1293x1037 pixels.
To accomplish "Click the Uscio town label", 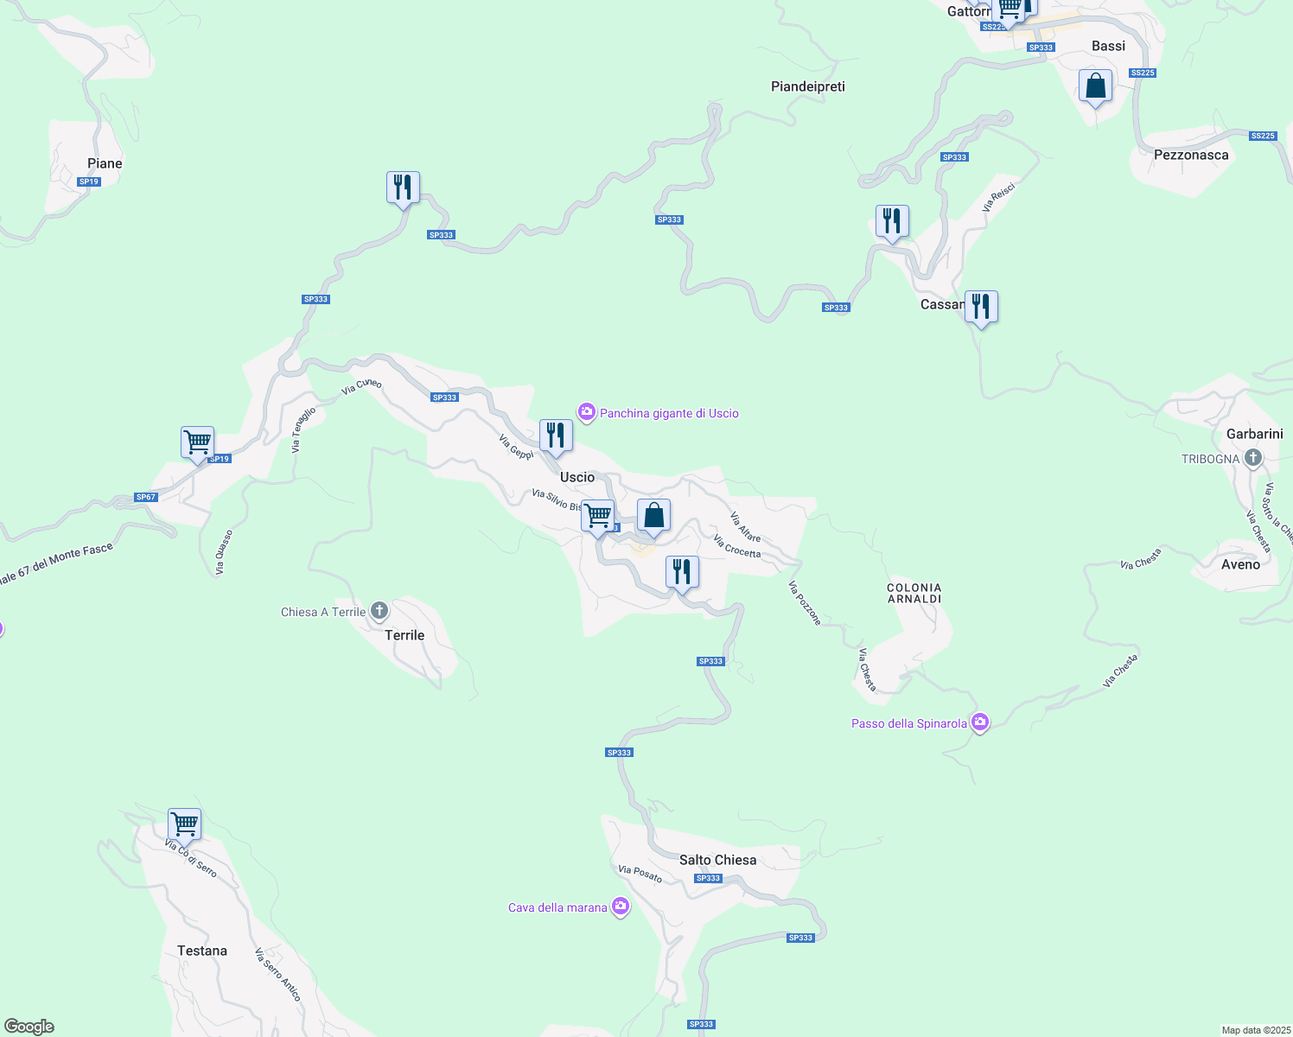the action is coord(577,477).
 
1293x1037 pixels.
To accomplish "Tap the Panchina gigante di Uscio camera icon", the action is coord(587,413).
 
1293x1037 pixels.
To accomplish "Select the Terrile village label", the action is coord(404,635).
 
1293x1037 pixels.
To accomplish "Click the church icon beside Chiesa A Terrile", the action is coord(379,612).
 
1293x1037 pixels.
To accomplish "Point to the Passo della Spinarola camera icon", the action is coord(979,722).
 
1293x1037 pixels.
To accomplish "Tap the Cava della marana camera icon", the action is coord(620,907).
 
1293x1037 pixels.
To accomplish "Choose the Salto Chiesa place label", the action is coord(717,860).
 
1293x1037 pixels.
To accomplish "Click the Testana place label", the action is coord(202,951).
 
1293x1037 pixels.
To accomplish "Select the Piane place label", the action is coord(105,163).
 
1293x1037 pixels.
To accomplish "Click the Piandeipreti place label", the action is coord(808,86).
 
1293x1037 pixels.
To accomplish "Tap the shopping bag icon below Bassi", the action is coord(1095,86).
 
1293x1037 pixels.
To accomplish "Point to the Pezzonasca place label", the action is coord(1191,155).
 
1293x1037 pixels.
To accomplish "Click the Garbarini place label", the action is coord(1255,434).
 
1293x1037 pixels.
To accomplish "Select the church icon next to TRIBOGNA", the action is coord(1253,459).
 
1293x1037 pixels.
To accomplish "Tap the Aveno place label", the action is coord(1240,564).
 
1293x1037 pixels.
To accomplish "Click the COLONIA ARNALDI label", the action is coord(914,593).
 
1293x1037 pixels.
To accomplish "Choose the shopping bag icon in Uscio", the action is coord(653,516).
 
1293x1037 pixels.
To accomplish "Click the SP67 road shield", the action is coord(146,497).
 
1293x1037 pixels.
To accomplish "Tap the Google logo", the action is coord(29,1027).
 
